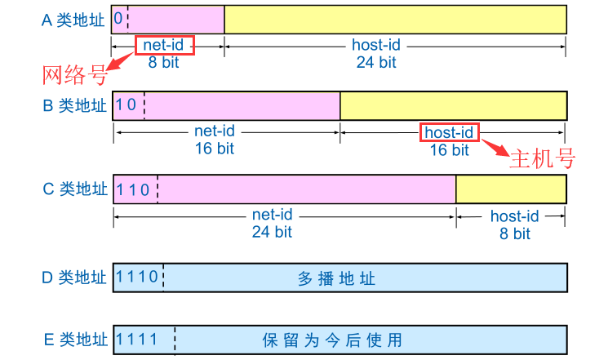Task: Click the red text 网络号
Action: point(75,75)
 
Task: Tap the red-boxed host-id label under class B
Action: point(450,132)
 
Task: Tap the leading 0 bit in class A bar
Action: point(119,18)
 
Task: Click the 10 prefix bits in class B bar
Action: point(126,104)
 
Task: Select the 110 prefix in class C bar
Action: point(133,190)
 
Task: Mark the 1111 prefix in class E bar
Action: point(137,338)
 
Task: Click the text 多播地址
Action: point(336,278)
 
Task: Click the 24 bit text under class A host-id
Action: point(375,62)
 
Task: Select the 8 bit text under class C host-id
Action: point(514,233)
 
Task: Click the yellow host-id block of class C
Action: point(511,189)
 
